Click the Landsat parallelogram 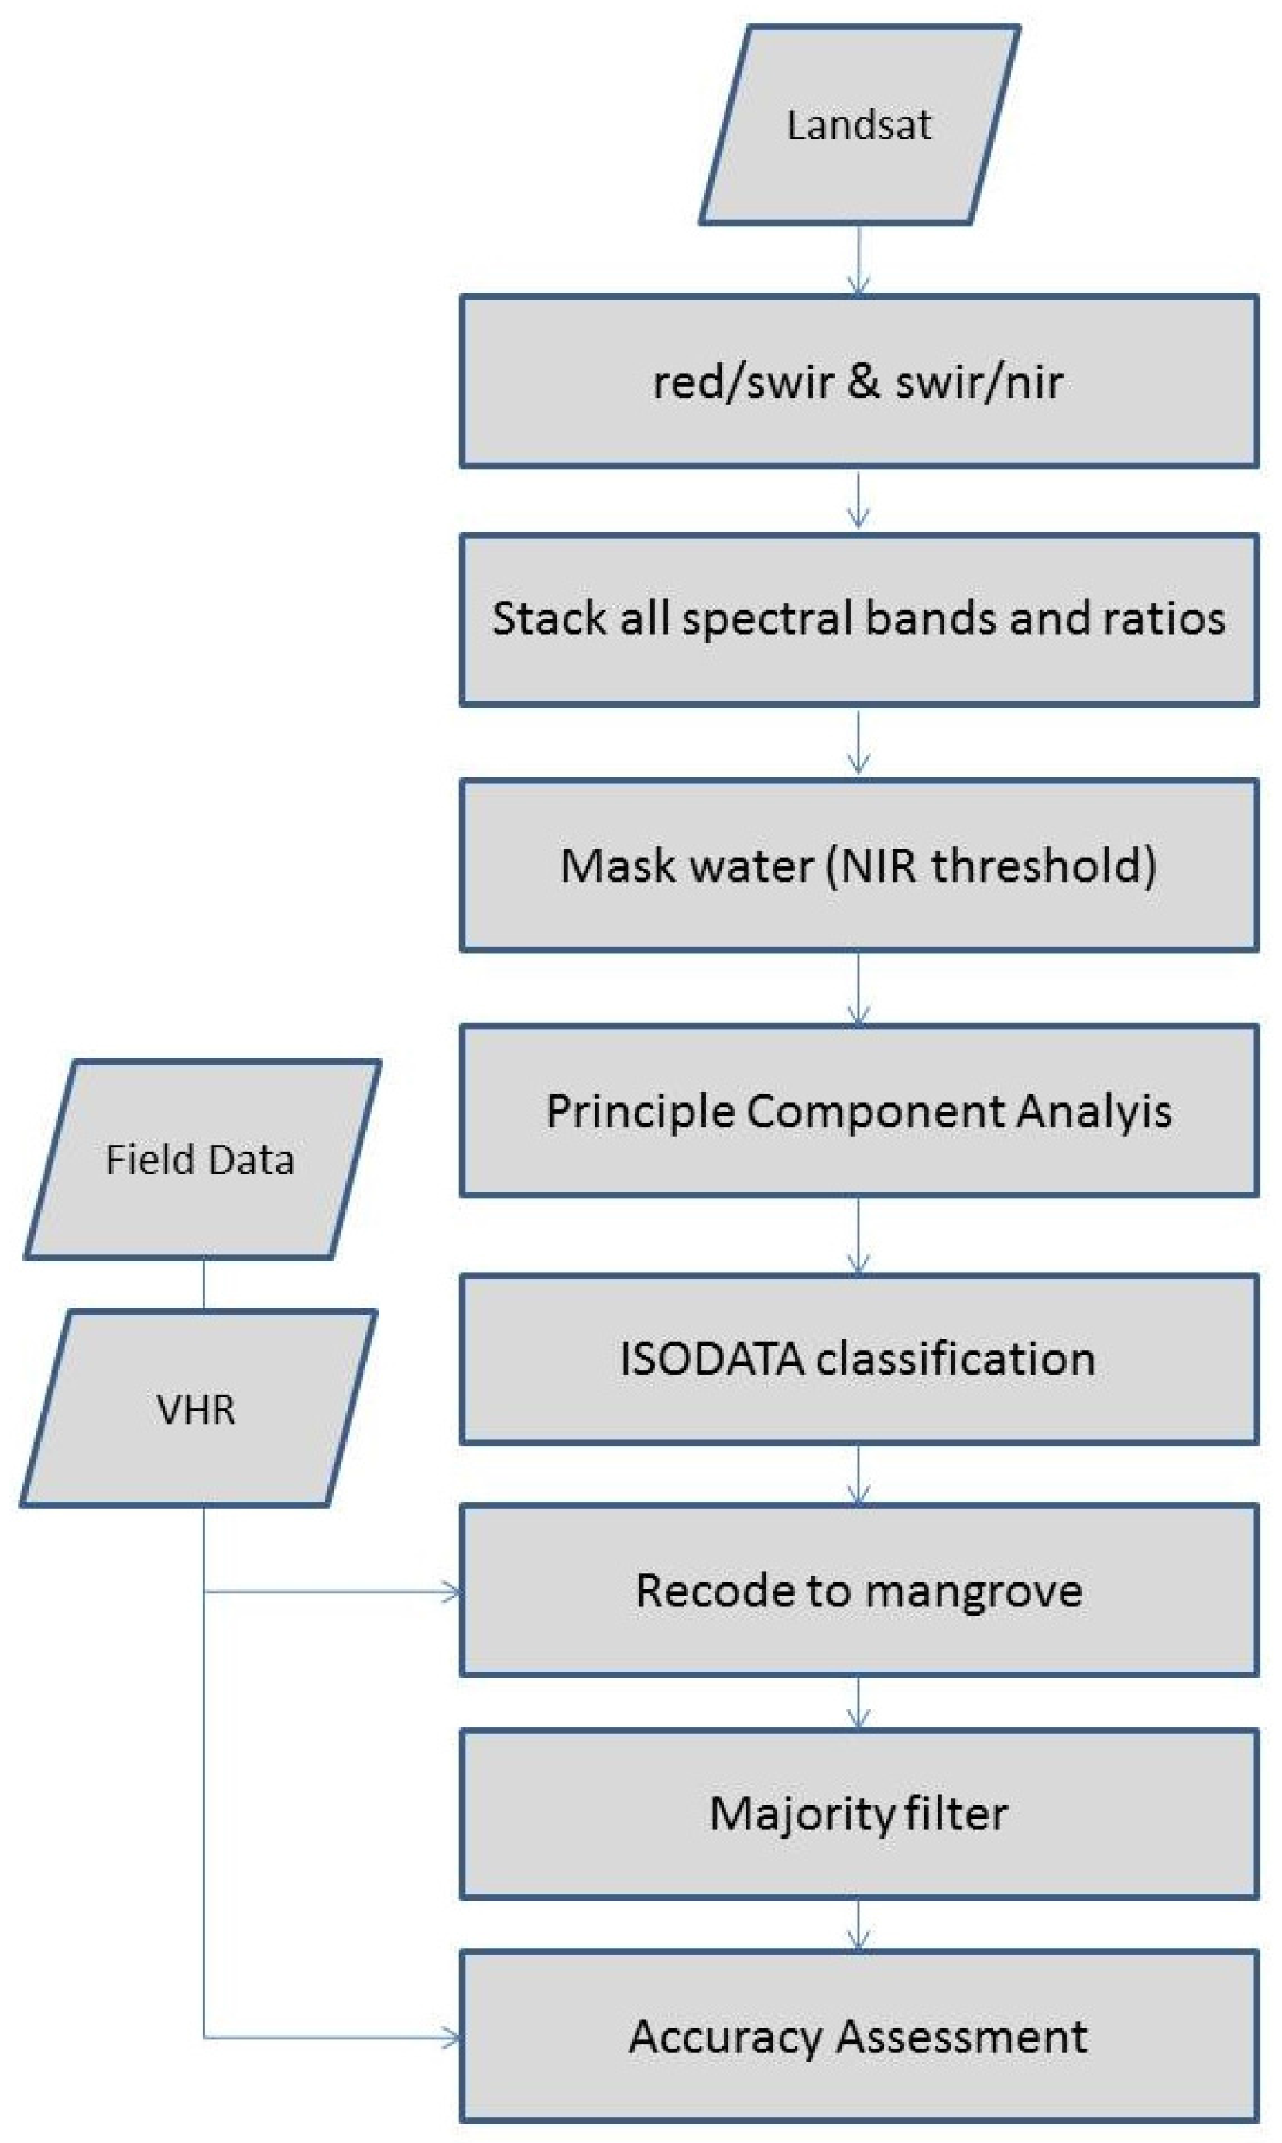click(859, 125)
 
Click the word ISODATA click(711, 1359)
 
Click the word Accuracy click(725, 2037)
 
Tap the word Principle click(639, 1111)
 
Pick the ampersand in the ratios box click(864, 382)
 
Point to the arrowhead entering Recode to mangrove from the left click(452, 1592)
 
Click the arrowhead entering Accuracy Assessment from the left click(452, 2038)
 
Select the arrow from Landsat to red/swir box click(858, 260)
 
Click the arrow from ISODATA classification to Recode click(858, 1476)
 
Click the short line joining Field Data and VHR click(204, 1284)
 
